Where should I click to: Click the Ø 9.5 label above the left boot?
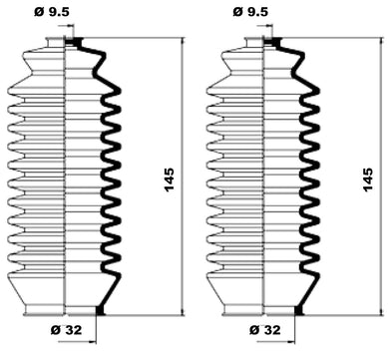point(52,12)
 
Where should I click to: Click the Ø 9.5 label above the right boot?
point(250,12)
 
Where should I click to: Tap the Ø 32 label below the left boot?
point(67,330)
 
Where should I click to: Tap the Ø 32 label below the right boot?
point(265,330)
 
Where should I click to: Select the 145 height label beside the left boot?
point(169,180)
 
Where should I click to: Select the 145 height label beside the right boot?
point(368,180)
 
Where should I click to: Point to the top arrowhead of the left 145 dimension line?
point(183,41)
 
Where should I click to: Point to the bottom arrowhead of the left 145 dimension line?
point(183,312)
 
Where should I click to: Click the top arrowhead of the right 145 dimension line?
point(381,41)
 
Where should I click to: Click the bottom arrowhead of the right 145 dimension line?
point(381,312)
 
